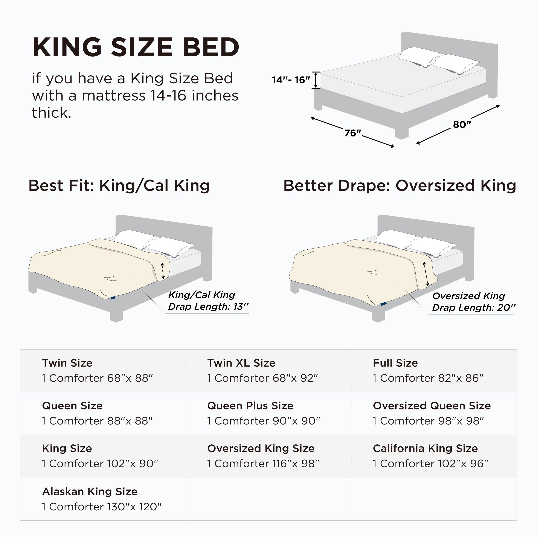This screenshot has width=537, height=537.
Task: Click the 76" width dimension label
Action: pos(352,133)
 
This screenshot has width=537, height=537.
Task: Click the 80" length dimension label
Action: pos(462,124)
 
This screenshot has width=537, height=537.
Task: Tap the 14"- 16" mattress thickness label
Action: pos(291,80)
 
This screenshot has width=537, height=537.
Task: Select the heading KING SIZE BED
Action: pos(136,47)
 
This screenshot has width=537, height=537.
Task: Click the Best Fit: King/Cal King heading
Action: pos(119,185)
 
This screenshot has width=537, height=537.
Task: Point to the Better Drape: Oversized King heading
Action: pos(399,185)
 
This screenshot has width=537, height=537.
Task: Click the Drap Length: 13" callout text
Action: pos(208,307)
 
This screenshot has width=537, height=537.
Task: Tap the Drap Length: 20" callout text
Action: pos(474,308)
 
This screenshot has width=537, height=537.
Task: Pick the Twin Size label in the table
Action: pos(67,363)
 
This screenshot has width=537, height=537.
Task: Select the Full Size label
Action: pos(395,363)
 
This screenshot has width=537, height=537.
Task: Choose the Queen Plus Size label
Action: pos(250,406)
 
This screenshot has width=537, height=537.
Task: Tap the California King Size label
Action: pos(425,448)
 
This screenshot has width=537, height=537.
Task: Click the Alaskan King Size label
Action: pos(90,491)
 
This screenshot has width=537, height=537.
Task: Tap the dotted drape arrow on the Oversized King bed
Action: pos(426,274)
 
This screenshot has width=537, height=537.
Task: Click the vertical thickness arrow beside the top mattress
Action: pos(316,80)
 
